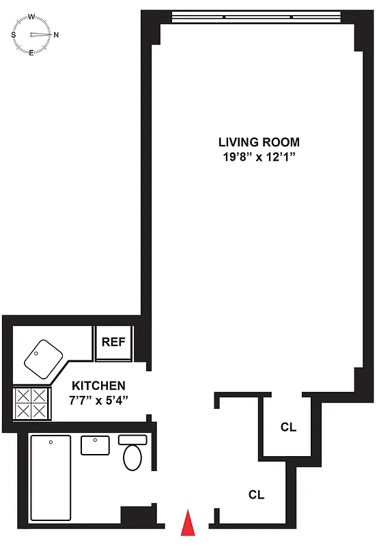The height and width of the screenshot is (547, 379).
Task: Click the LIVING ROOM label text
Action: pos(259,142)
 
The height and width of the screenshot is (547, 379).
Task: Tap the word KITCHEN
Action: pos(99,385)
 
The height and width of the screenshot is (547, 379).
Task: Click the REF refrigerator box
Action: pos(113,341)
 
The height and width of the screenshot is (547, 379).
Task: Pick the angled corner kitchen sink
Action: pos(40,356)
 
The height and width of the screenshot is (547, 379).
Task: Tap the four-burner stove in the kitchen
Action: pos(31,403)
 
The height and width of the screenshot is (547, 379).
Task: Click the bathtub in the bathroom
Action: pos(50,479)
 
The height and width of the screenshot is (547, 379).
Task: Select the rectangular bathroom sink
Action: pos(96,445)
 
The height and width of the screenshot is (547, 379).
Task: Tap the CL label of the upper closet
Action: pos(288,427)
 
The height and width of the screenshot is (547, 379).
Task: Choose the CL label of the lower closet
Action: pos(256,494)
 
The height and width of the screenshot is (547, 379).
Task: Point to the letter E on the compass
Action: pos(31,52)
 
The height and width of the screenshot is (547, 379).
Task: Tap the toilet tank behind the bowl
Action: pos(132,440)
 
